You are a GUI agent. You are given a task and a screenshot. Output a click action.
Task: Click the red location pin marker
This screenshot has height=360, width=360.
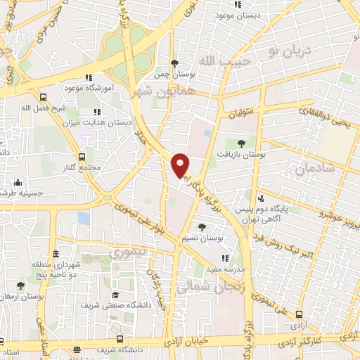[x=181, y=165]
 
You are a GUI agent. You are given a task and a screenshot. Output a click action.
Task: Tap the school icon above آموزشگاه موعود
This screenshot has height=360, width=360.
[x=89, y=78]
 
